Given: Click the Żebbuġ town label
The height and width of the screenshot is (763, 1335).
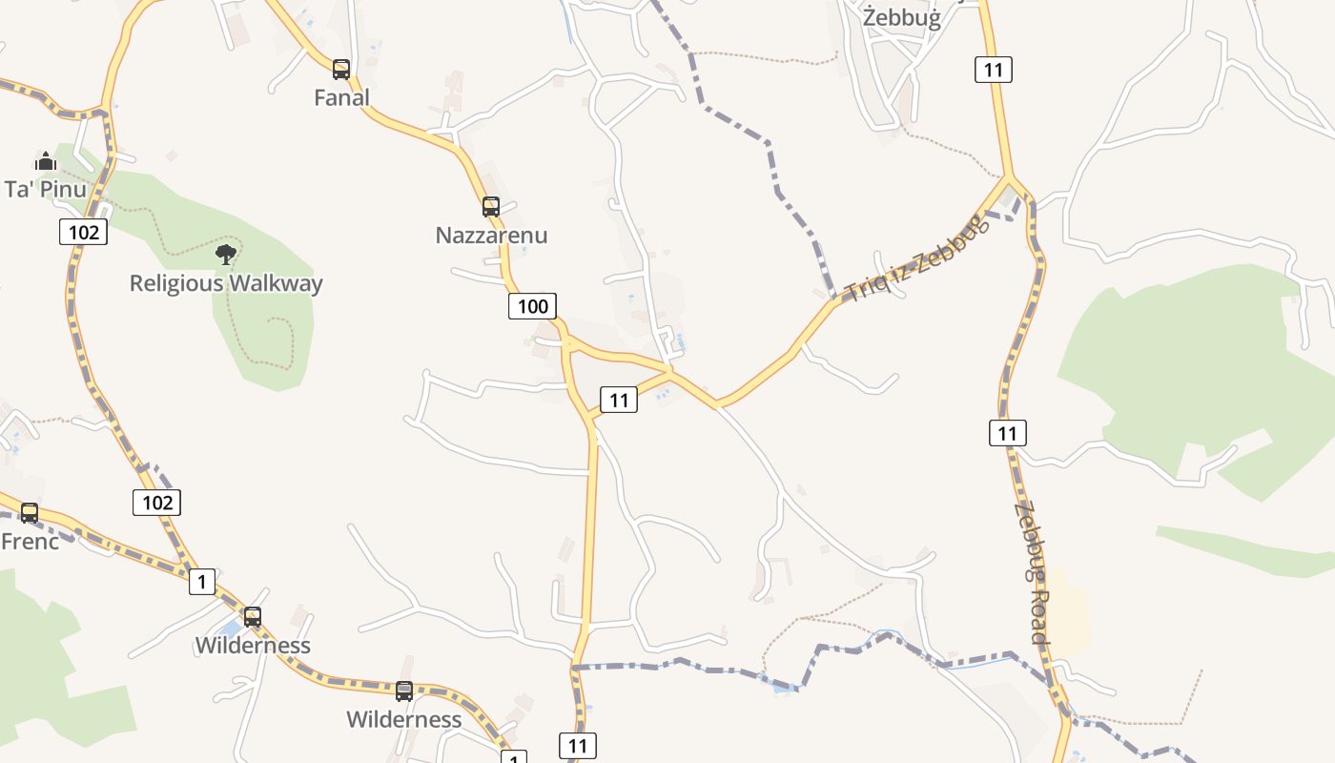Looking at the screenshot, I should pyautogui.click(x=901, y=18).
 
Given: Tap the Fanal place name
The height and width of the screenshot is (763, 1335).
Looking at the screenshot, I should pyautogui.click(x=341, y=97).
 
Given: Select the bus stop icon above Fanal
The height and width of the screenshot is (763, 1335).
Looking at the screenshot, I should pyautogui.click(x=341, y=69).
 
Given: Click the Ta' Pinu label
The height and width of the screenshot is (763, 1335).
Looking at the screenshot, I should pyautogui.click(x=46, y=189).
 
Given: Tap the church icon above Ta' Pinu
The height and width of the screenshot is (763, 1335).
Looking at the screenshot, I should pyautogui.click(x=46, y=160).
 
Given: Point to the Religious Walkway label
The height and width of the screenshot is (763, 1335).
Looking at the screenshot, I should pyautogui.click(x=226, y=283).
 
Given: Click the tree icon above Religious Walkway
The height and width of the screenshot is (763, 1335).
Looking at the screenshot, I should pyautogui.click(x=226, y=254).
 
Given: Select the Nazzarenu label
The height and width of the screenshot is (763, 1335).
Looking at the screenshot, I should pyautogui.click(x=491, y=235).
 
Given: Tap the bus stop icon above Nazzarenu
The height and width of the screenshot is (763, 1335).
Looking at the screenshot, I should pyautogui.click(x=491, y=206).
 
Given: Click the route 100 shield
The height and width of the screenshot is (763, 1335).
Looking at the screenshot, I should pyautogui.click(x=532, y=306).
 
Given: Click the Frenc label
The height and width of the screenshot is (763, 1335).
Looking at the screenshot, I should pyautogui.click(x=30, y=542).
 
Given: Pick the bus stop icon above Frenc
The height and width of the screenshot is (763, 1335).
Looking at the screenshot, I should pyautogui.click(x=30, y=513).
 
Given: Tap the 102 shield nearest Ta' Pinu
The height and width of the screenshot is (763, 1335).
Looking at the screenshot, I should pyautogui.click(x=84, y=232).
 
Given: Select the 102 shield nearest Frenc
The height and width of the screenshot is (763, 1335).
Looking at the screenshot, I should pyautogui.click(x=157, y=503).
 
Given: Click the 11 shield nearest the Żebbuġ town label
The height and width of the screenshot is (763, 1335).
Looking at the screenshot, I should pyautogui.click(x=994, y=69).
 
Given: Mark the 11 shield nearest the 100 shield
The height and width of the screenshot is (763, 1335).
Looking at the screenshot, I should pyautogui.click(x=619, y=401).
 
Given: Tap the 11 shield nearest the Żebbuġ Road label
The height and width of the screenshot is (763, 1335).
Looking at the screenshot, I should pyautogui.click(x=1008, y=433).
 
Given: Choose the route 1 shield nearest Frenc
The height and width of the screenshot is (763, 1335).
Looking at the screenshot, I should pyautogui.click(x=201, y=582).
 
